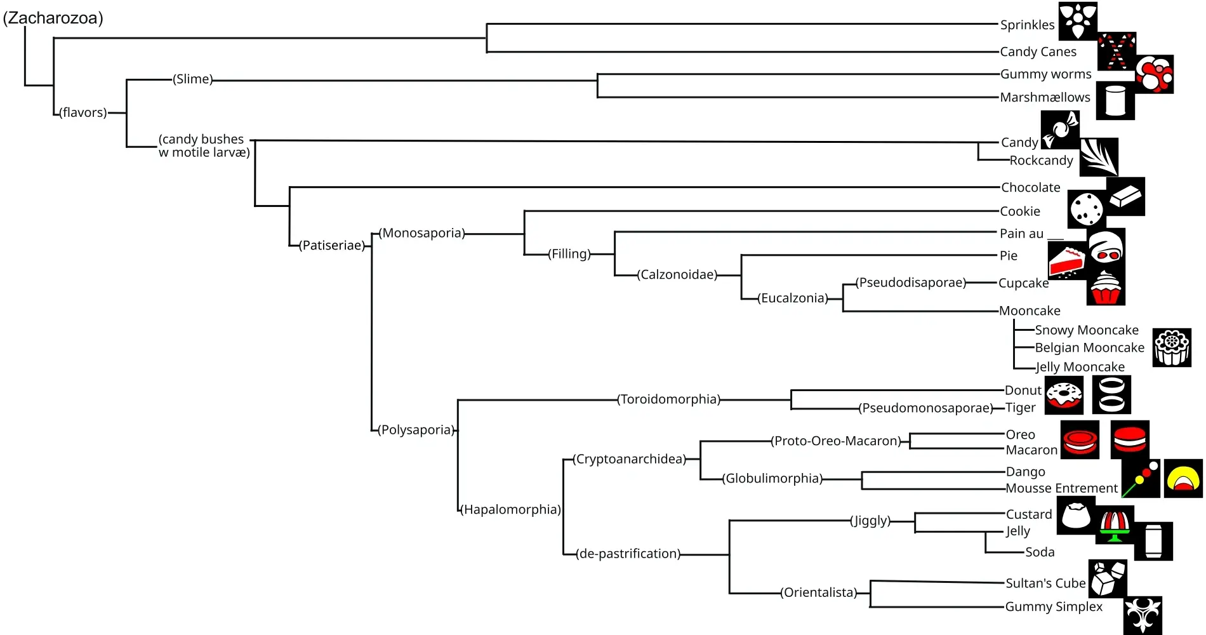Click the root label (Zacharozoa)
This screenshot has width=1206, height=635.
[x=53, y=18]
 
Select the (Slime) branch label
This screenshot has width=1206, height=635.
[x=193, y=79]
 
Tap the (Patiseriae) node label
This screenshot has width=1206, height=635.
[x=333, y=245]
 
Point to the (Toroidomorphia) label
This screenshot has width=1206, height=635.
[x=669, y=399]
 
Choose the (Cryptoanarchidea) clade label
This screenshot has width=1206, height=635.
[x=629, y=459]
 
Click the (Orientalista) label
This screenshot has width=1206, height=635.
[x=819, y=592]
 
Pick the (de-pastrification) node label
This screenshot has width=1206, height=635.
[x=628, y=554]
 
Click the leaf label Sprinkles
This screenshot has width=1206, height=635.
[x=1027, y=25]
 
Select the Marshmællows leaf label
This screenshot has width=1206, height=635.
[x=1045, y=97]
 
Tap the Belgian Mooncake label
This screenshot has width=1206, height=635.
[x=1089, y=348]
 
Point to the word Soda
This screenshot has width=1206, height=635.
[x=1040, y=552]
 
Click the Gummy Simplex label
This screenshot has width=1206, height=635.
[x=1054, y=606]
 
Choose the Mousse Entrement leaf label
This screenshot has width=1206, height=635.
[x=1061, y=488]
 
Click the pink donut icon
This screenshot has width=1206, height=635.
[x=1064, y=394]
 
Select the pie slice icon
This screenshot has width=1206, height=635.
[x=1067, y=261]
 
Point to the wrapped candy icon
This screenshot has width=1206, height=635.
[x=1060, y=130]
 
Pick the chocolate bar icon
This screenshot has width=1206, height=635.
[x=1125, y=196]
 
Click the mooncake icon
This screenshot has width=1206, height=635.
[x=1172, y=347]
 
